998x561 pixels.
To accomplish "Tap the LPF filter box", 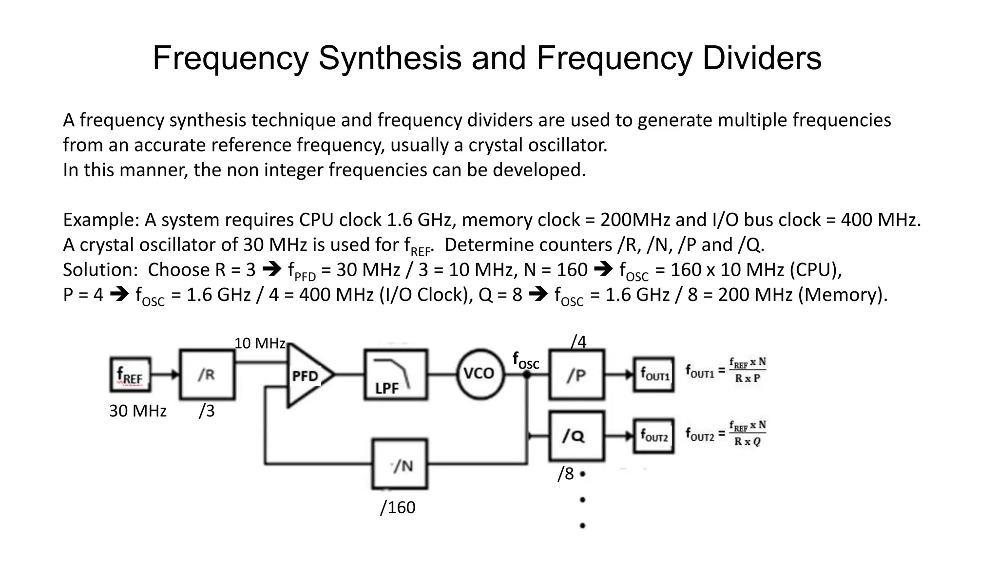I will point(396,374).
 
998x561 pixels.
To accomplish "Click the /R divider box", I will point(207,374).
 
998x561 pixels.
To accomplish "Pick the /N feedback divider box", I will point(400,464).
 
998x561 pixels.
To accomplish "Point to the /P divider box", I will point(576,374).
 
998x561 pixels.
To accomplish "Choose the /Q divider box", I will point(576,436).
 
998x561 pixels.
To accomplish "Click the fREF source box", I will point(130,375).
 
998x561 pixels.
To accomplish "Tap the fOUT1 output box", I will point(654,374).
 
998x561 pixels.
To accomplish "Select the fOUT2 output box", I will point(654,436).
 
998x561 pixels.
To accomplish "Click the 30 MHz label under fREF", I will point(138,411).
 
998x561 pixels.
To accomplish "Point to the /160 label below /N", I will point(398,507).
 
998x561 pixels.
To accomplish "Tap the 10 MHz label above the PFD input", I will point(260,343).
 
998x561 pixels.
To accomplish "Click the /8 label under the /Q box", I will point(566,473).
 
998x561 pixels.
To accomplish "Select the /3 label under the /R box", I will point(207,411).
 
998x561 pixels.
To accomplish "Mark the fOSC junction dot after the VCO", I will point(527,374).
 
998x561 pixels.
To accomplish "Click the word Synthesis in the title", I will point(390,58).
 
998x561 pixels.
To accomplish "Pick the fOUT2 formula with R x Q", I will point(726,433).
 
